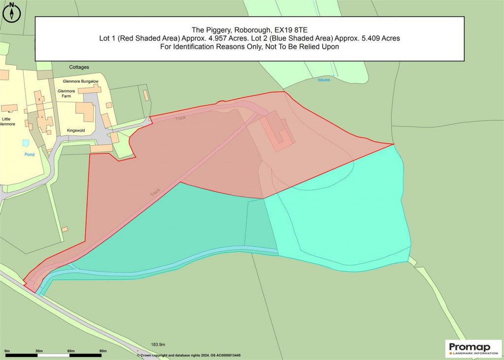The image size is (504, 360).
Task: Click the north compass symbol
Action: click(11, 11)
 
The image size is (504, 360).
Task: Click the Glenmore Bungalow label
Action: click(81, 81)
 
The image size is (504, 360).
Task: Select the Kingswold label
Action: click(76, 131)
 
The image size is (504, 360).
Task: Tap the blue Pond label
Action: click(30, 154)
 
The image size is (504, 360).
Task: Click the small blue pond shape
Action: click(26, 143)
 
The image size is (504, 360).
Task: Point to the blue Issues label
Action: click(323, 80)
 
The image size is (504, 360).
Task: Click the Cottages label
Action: click(79, 67)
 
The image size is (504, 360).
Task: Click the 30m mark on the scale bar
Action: click(39, 351)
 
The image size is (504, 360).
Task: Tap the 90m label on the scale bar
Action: click(103, 351)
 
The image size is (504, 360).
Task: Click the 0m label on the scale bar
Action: click(7, 351)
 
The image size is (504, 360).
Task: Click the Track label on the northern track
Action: click(180, 118)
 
